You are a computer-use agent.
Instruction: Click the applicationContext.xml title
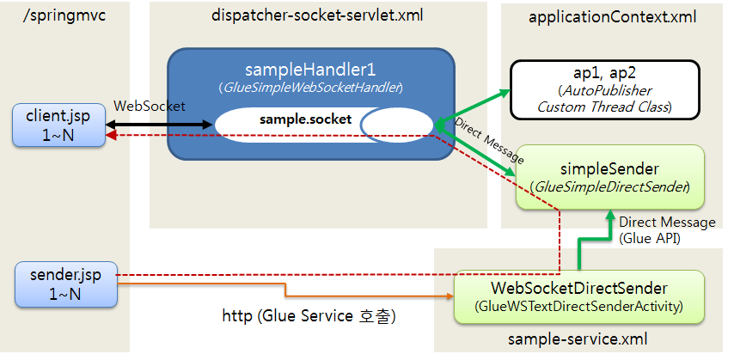pos(612,16)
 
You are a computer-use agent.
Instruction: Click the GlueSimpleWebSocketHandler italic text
pos(311,88)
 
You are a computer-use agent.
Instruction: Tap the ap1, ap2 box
pos(605,89)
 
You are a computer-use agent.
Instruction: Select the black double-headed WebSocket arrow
pos(158,125)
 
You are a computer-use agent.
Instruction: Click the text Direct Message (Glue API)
pos(666,229)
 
